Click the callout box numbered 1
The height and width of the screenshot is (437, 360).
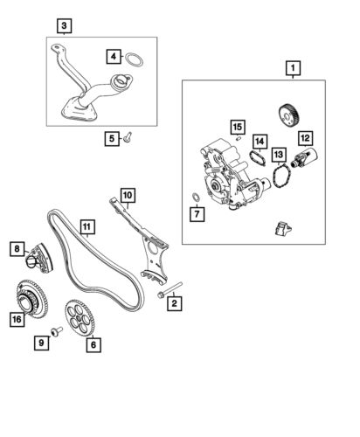(x=291, y=66)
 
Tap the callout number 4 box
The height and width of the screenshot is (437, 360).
(x=113, y=57)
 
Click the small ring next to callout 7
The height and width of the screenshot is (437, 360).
(x=195, y=195)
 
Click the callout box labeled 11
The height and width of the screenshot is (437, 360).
(x=87, y=229)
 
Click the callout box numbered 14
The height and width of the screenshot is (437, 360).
(x=260, y=141)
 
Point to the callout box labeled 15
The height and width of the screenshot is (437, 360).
(x=237, y=128)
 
